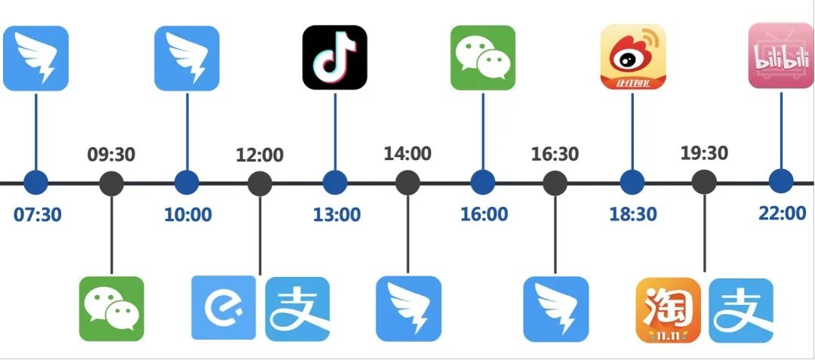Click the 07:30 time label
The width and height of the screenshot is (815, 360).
38,214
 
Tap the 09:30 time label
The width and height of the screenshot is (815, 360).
111,155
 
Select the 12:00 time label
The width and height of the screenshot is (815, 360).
260,155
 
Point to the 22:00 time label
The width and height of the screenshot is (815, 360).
782,213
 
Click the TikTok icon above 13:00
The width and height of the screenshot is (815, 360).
334,57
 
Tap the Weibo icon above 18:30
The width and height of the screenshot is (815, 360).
632,57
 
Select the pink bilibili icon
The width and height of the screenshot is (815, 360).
780,56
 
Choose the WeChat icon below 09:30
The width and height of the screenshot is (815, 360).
112,309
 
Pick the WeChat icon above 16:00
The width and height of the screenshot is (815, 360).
483,57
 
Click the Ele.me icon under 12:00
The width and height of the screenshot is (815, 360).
223,308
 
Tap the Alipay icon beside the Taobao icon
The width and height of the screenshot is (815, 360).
741,310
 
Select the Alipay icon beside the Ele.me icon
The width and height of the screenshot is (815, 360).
298,309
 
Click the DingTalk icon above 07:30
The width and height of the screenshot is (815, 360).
35,58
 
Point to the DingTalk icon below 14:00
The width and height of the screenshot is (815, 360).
408,309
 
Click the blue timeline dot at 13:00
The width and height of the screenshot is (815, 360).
334,183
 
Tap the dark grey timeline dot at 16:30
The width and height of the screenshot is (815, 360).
555,183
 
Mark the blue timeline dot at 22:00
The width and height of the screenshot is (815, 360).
781,182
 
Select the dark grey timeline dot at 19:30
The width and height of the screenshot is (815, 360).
704,183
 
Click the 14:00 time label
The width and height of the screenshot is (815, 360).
407,154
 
